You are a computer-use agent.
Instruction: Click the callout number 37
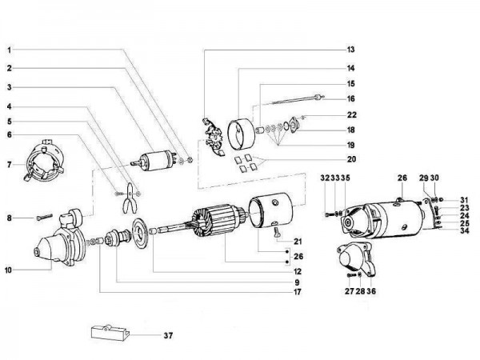point(167,335)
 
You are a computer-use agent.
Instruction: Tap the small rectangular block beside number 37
point(110,332)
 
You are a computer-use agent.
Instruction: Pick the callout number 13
point(350,50)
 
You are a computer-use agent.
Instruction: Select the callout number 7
point(8,164)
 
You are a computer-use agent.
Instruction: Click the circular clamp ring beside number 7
point(46,158)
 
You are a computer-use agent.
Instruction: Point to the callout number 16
point(350,98)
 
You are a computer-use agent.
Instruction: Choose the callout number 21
point(298,241)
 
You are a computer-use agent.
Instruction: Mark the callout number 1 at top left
point(8,50)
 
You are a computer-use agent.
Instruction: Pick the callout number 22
point(350,115)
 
